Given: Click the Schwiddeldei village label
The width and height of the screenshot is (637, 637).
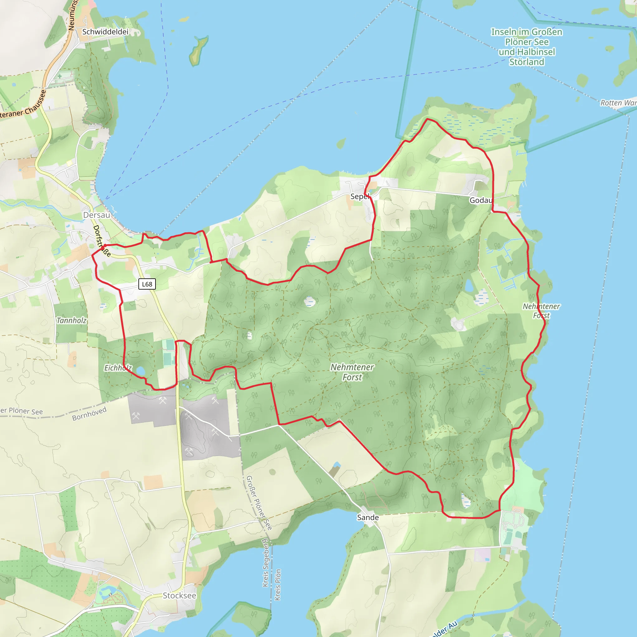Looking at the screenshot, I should (105, 32).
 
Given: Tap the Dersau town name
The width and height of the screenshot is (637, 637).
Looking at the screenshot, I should (96, 215).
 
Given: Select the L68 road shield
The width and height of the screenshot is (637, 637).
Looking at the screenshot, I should (147, 284).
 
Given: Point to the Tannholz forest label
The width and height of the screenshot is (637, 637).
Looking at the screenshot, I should (71, 320).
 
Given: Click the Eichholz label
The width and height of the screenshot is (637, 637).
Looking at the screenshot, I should (118, 368).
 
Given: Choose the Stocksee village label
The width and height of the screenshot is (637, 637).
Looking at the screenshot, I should (179, 595).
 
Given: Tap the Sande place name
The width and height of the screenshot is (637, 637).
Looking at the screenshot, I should (368, 517).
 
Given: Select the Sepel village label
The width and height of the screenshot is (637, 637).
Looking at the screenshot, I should (359, 197).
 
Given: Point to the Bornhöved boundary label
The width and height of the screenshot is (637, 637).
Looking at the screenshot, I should (89, 413).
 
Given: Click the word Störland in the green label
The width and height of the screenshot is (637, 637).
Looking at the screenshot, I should (527, 62).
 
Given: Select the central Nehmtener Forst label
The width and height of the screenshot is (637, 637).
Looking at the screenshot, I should (352, 372).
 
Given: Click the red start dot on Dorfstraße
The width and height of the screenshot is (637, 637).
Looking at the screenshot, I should (103, 247).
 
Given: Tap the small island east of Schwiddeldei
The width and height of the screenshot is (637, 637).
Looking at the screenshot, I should (198, 51).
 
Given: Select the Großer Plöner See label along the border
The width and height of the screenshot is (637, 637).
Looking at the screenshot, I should (259, 503).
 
